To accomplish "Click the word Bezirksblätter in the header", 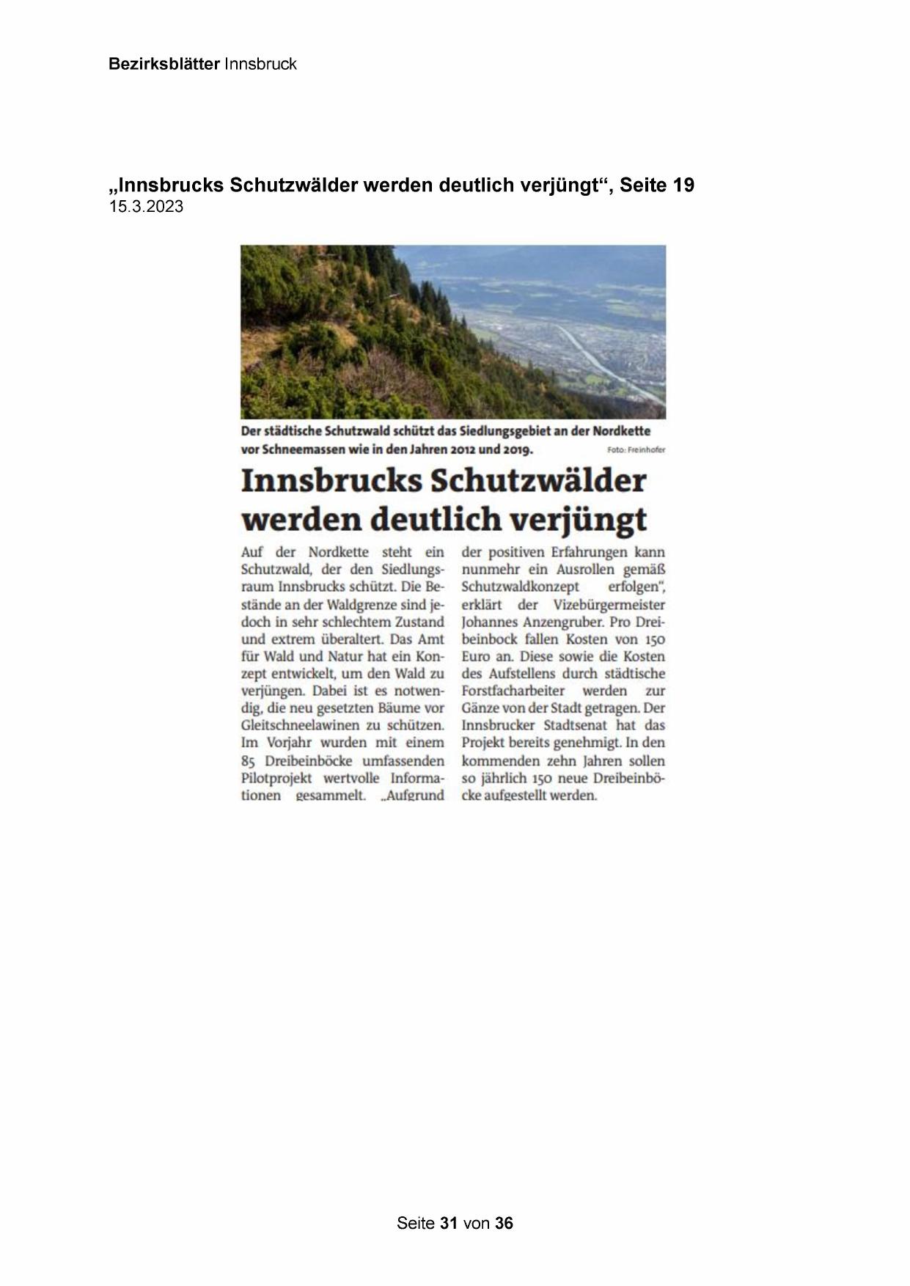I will pos(164,65).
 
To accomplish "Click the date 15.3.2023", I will pos(146,207).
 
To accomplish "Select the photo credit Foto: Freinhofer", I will pos(636,450).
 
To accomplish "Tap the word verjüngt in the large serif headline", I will pos(578,520).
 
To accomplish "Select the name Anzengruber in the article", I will pos(547,622).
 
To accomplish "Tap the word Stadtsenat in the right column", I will pos(576,726).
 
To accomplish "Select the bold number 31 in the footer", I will pos(449,1223).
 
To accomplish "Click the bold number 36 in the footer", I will pos(504,1223).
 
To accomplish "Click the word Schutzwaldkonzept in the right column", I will pos(520,587).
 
